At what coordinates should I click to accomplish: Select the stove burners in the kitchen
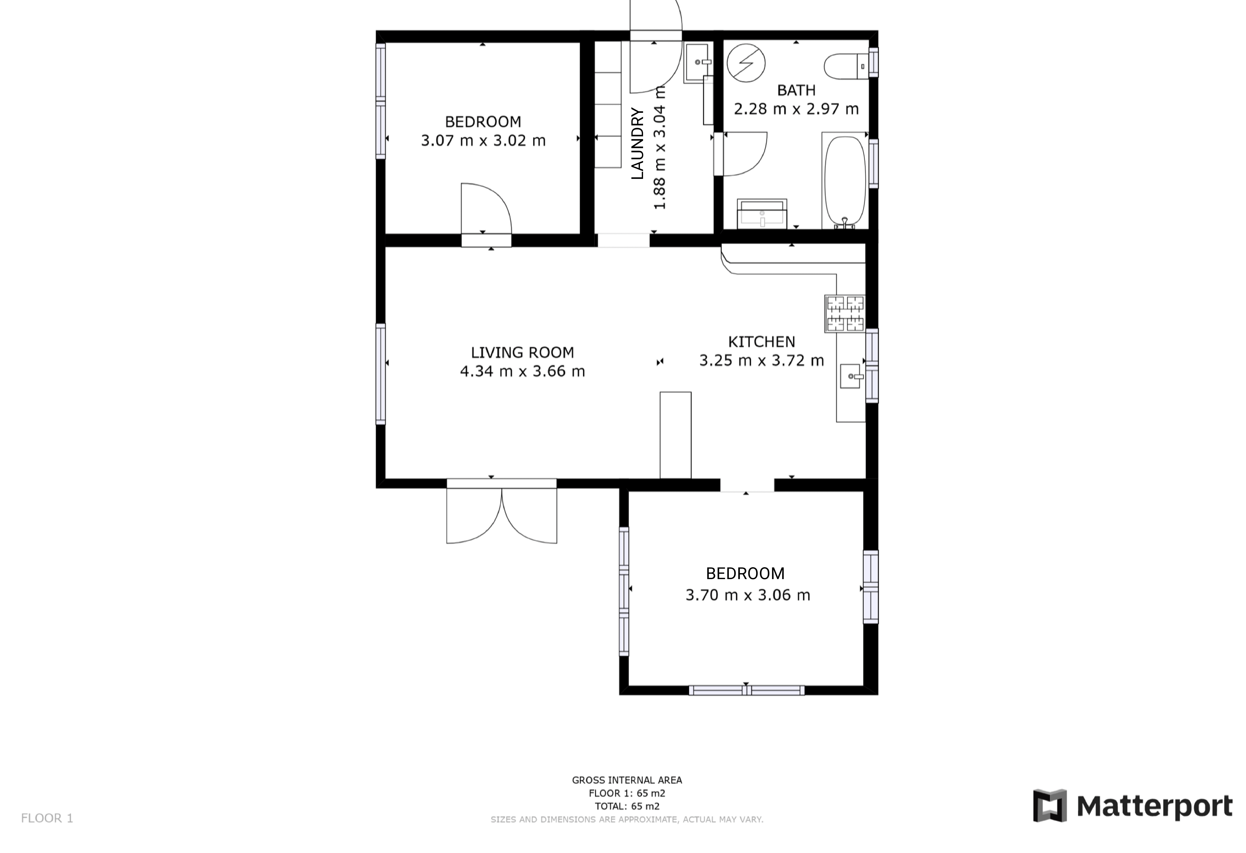tap(845, 314)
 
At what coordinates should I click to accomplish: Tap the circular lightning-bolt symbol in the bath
tap(746, 63)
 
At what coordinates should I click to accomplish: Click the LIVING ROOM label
tap(522, 352)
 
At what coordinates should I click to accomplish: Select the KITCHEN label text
tap(761, 342)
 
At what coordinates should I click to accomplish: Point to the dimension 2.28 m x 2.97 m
tap(796, 109)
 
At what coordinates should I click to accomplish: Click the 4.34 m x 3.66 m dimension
tap(522, 371)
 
